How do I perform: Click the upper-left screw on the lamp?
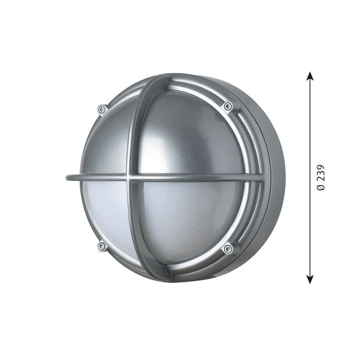coord(102,109)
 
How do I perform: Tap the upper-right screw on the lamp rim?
coord(228,106)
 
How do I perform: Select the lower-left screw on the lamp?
coord(101,247)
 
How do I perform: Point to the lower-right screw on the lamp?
coord(228,249)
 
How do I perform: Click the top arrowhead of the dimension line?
coord(310,75)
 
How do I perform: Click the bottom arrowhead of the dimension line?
coord(310,280)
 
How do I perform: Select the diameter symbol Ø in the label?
coord(321,187)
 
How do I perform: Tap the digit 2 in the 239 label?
coord(321,179)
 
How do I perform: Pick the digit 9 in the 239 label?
coord(321,168)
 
